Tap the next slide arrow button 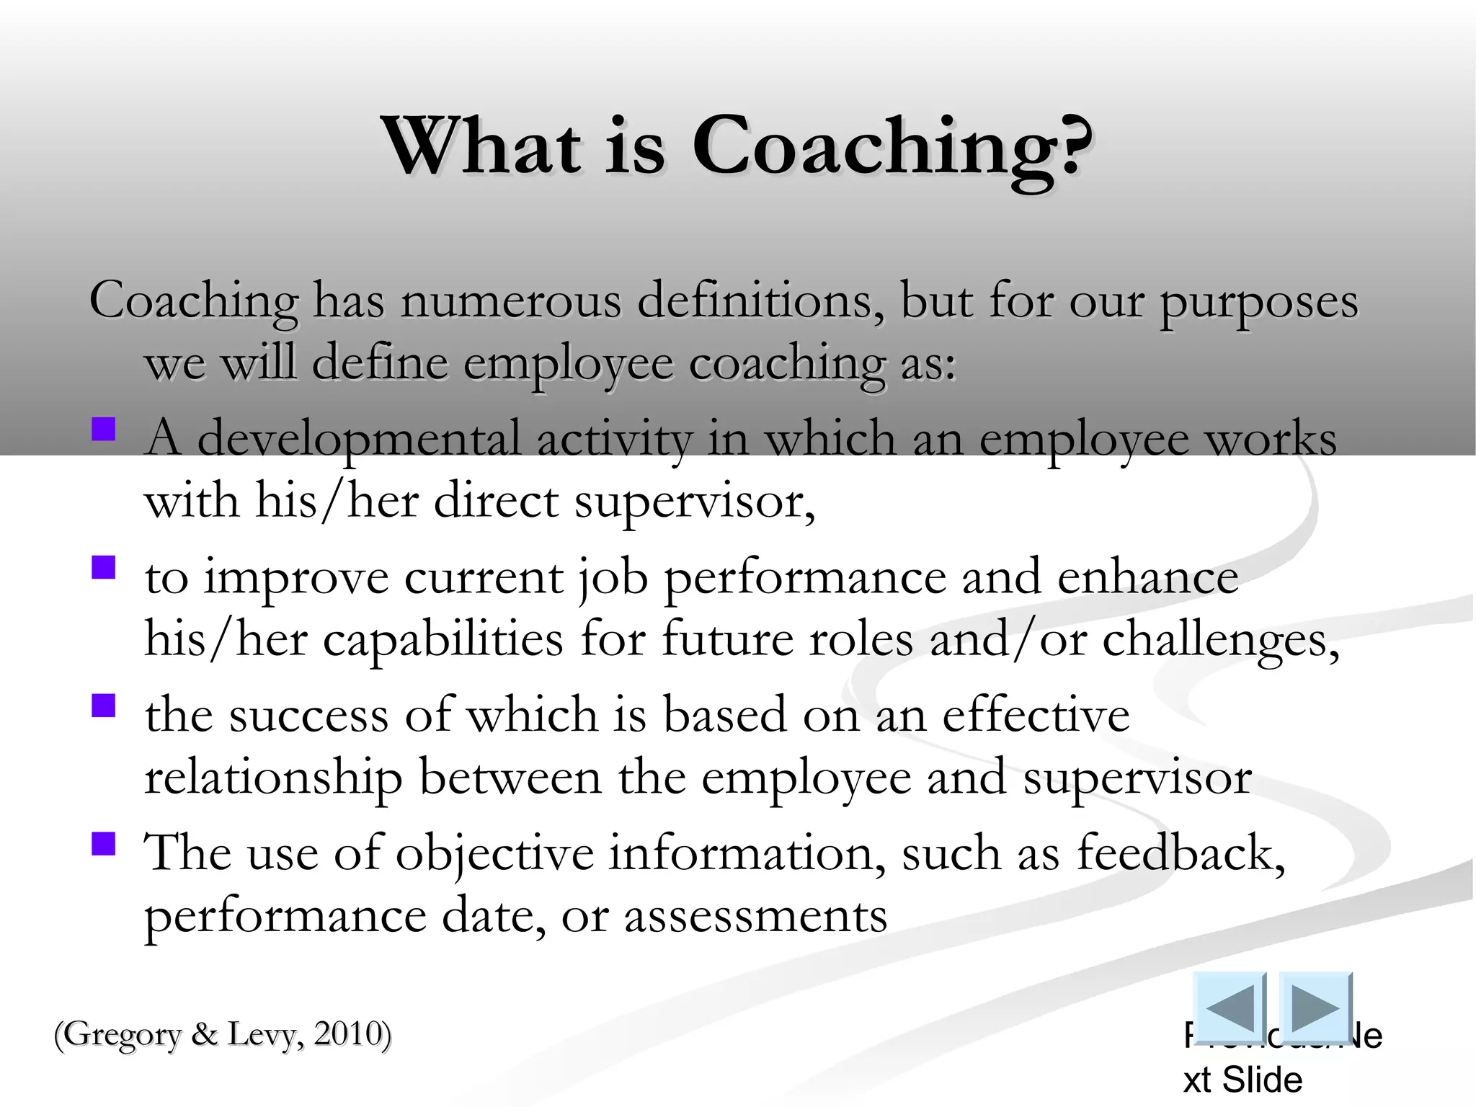point(1315,1007)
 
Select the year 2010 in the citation point(347,1034)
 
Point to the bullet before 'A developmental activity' point(104,430)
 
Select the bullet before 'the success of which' point(104,706)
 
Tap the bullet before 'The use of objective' point(104,844)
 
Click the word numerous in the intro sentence point(510,301)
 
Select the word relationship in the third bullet point(273,778)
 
